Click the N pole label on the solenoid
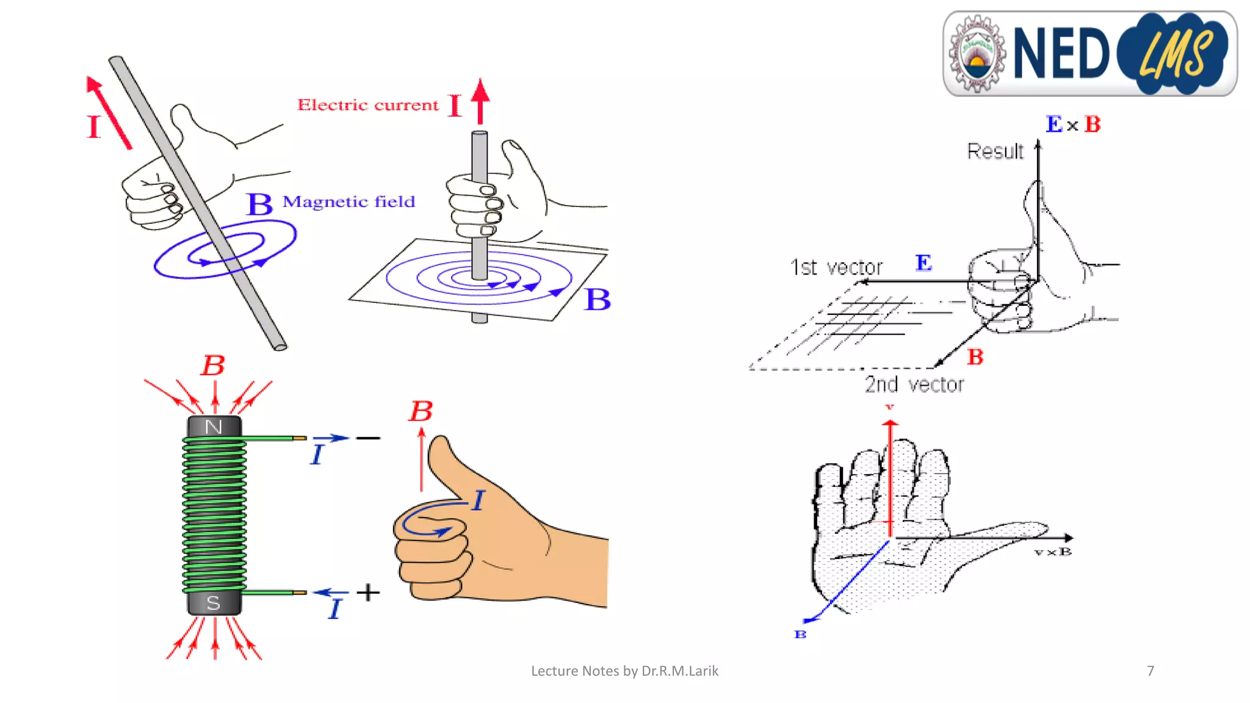coord(214,427)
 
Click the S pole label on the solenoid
coord(213,603)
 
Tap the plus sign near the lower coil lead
coord(368,592)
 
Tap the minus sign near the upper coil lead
coord(368,438)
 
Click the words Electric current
coord(367,105)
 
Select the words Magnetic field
coord(349,201)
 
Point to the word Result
coord(995,151)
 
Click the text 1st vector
coord(836,267)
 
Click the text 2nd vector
coord(914,384)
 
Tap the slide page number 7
coord(1151,671)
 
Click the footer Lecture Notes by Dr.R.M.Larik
coord(624,671)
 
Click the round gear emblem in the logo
coord(977,54)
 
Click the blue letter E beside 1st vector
coord(923,263)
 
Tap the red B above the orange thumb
coord(421,411)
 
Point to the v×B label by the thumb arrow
coord(1053,552)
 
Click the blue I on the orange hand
coord(478,500)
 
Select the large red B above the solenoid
coord(213,366)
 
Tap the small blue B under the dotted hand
coord(800,635)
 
